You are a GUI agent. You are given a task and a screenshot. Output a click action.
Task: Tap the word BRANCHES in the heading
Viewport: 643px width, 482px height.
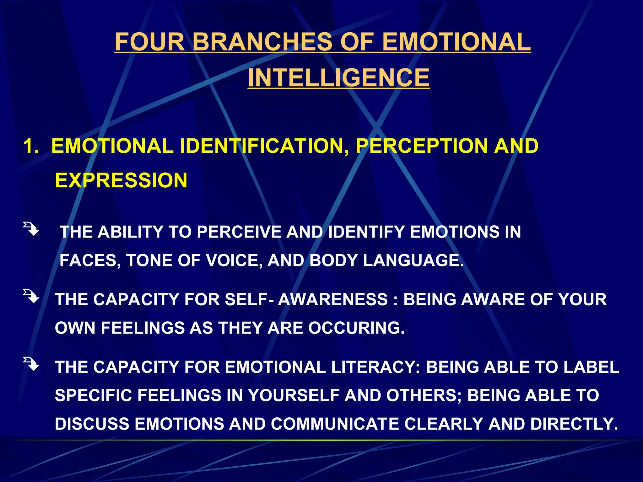point(262,42)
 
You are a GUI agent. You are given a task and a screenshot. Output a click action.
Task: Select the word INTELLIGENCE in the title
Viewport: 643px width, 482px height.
point(338,78)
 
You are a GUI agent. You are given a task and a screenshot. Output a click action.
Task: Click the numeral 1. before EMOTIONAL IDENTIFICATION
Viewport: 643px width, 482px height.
point(31,146)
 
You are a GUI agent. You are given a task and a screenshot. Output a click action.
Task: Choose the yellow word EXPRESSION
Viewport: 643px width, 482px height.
point(121,180)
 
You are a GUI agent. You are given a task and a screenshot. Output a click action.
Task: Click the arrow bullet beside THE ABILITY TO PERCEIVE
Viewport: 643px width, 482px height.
point(31,229)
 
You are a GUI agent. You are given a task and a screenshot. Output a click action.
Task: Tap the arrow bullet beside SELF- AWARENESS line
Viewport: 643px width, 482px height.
point(31,296)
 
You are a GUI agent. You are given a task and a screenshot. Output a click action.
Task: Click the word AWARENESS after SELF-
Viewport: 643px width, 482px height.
point(333,299)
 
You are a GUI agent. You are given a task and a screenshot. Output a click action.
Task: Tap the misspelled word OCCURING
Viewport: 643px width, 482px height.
point(356,328)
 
